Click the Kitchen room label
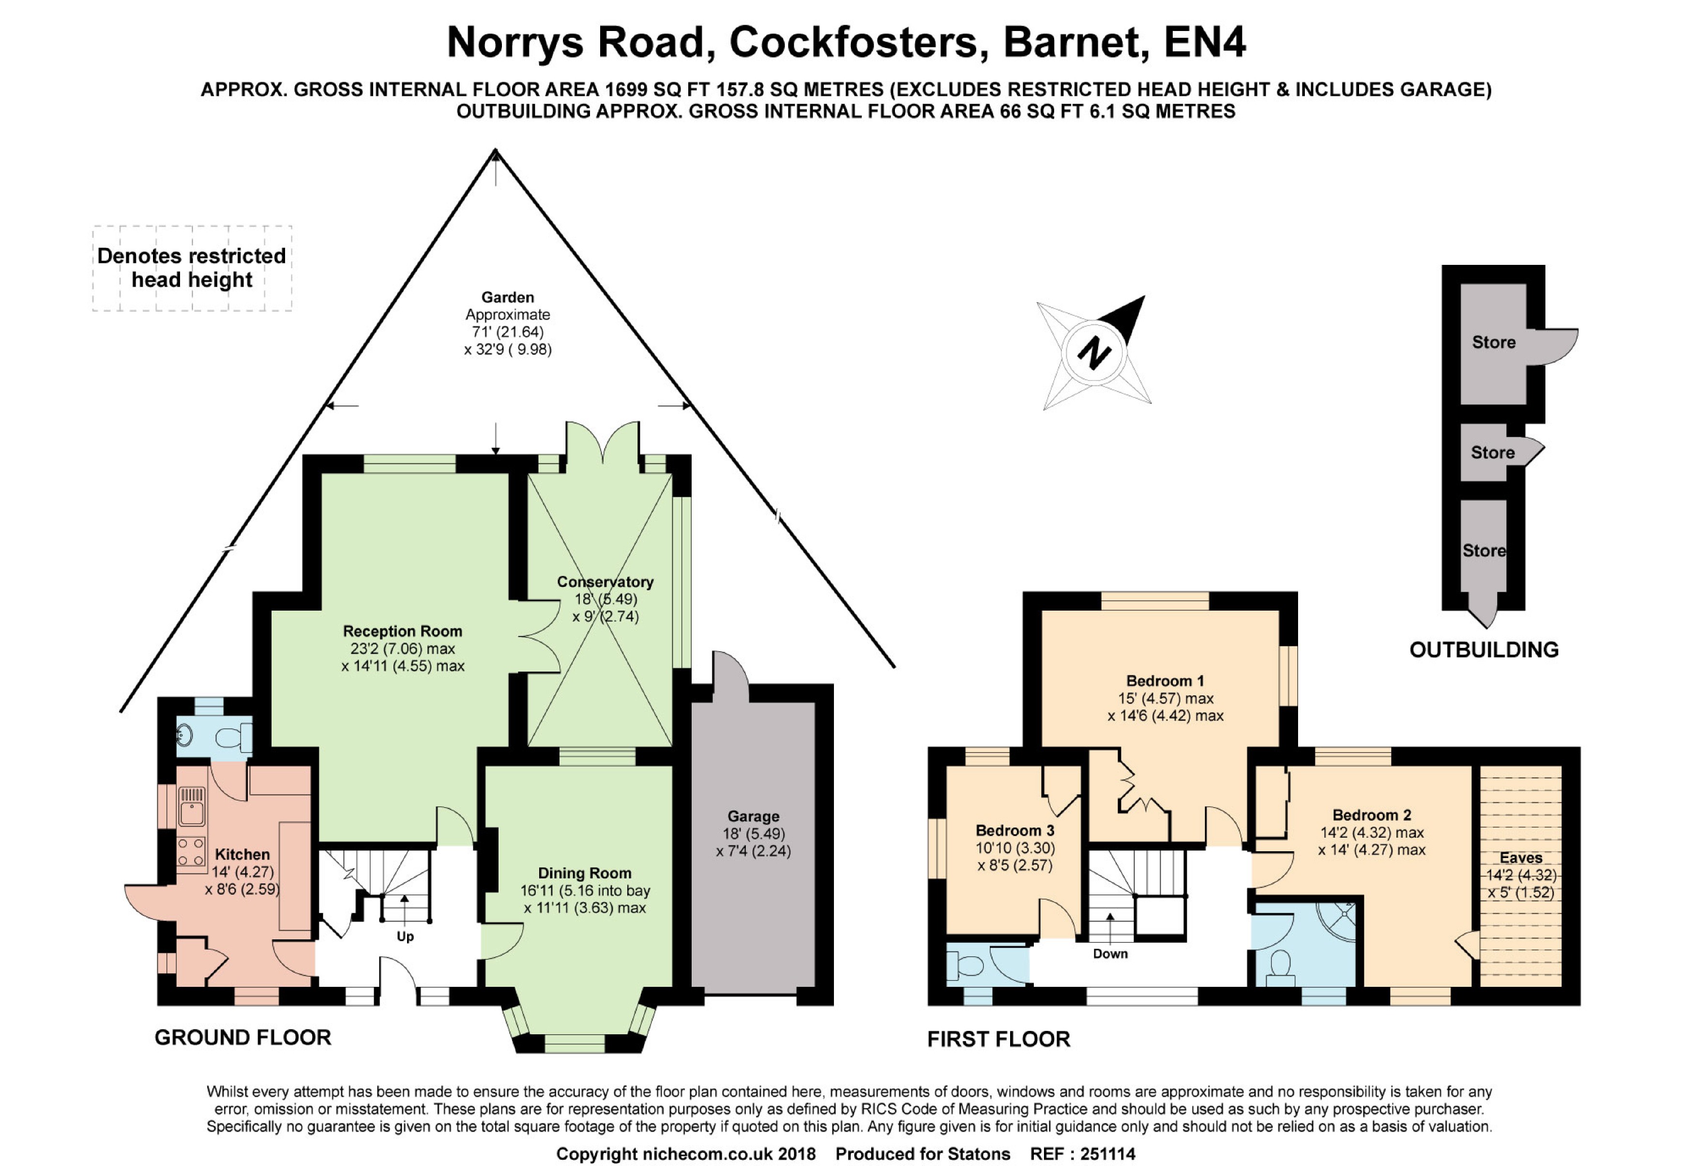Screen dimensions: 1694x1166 point(242,854)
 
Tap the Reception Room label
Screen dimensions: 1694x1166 point(402,631)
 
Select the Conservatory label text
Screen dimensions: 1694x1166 point(605,582)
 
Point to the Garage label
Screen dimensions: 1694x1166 point(753,816)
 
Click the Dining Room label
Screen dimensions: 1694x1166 point(584,873)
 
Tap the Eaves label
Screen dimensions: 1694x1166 point(1521,858)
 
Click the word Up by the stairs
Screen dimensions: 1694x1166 point(405,936)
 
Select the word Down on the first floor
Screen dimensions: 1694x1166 point(1110,953)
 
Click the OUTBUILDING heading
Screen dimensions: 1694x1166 point(1484,649)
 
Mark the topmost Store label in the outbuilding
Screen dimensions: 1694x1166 point(1493,342)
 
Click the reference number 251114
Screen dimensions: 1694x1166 point(1108,1153)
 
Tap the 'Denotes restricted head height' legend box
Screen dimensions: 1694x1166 point(192,268)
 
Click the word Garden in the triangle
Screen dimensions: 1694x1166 point(507,297)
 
